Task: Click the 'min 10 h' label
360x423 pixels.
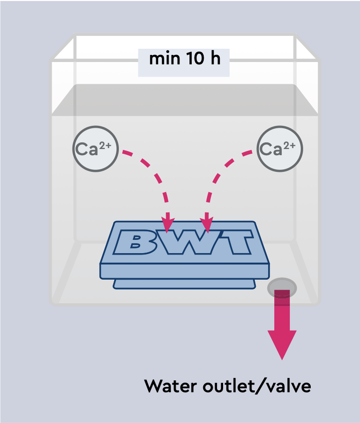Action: coord(184,60)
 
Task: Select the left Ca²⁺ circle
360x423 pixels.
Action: coord(93,149)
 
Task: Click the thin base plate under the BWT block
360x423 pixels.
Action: coord(184,283)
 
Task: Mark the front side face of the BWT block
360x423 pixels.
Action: coord(184,271)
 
